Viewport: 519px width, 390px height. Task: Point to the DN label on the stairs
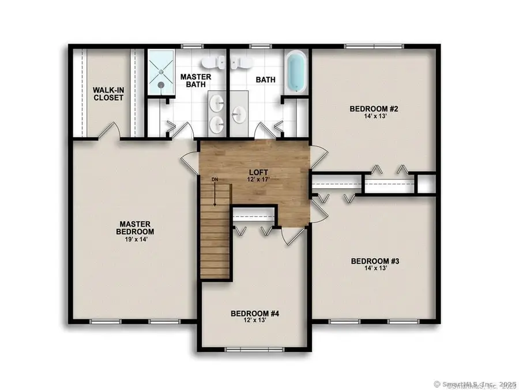(215, 181)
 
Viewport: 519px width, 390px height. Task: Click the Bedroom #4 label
(255, 314)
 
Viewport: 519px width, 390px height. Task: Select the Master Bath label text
(196, 81)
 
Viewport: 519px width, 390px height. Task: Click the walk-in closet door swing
(108, 132)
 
